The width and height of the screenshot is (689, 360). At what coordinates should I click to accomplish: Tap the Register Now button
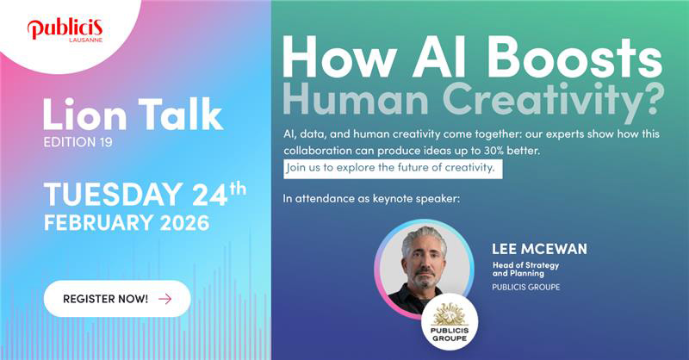click(116, 298)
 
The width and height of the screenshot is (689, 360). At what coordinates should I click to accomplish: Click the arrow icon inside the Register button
click(164, 299)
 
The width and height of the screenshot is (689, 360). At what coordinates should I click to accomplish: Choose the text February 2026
click(126, 222)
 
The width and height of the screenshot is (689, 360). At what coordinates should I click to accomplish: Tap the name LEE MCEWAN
click(538, 249)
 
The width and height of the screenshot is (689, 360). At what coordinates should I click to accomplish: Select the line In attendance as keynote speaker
click(371, 200)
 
